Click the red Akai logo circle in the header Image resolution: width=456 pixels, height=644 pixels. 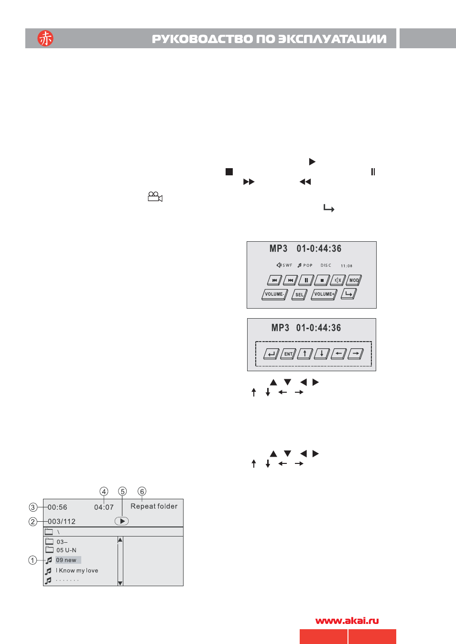(x=45, y=38)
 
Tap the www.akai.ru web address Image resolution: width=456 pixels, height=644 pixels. (x=347, y=621)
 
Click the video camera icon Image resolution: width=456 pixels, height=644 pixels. (x=155, y=196)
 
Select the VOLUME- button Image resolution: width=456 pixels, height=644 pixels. (x=274, y=294)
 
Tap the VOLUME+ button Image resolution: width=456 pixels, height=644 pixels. (x=324, y=294)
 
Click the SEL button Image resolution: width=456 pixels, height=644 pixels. (x=299, y=295)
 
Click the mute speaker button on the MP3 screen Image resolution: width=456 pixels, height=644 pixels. (x=338, y=280)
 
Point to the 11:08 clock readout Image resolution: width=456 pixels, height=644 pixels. (x=347, y=266)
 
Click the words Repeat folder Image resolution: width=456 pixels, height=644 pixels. (x=154, y=506)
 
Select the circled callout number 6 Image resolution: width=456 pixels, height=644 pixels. (x=142, y=491)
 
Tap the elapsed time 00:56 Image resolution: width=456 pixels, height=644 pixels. (x=57, y=507)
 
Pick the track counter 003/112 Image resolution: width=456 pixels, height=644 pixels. (x=62, y=521)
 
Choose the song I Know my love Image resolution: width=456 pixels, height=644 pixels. (x=77, y=570)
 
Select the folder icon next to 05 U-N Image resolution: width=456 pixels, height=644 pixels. (x=50, y=550)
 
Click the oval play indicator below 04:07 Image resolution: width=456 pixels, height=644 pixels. (x=122, y=521)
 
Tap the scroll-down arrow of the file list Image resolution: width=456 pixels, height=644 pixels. (x=120, y=583)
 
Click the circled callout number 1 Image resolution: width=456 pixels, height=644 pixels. (x=33, y=560)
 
